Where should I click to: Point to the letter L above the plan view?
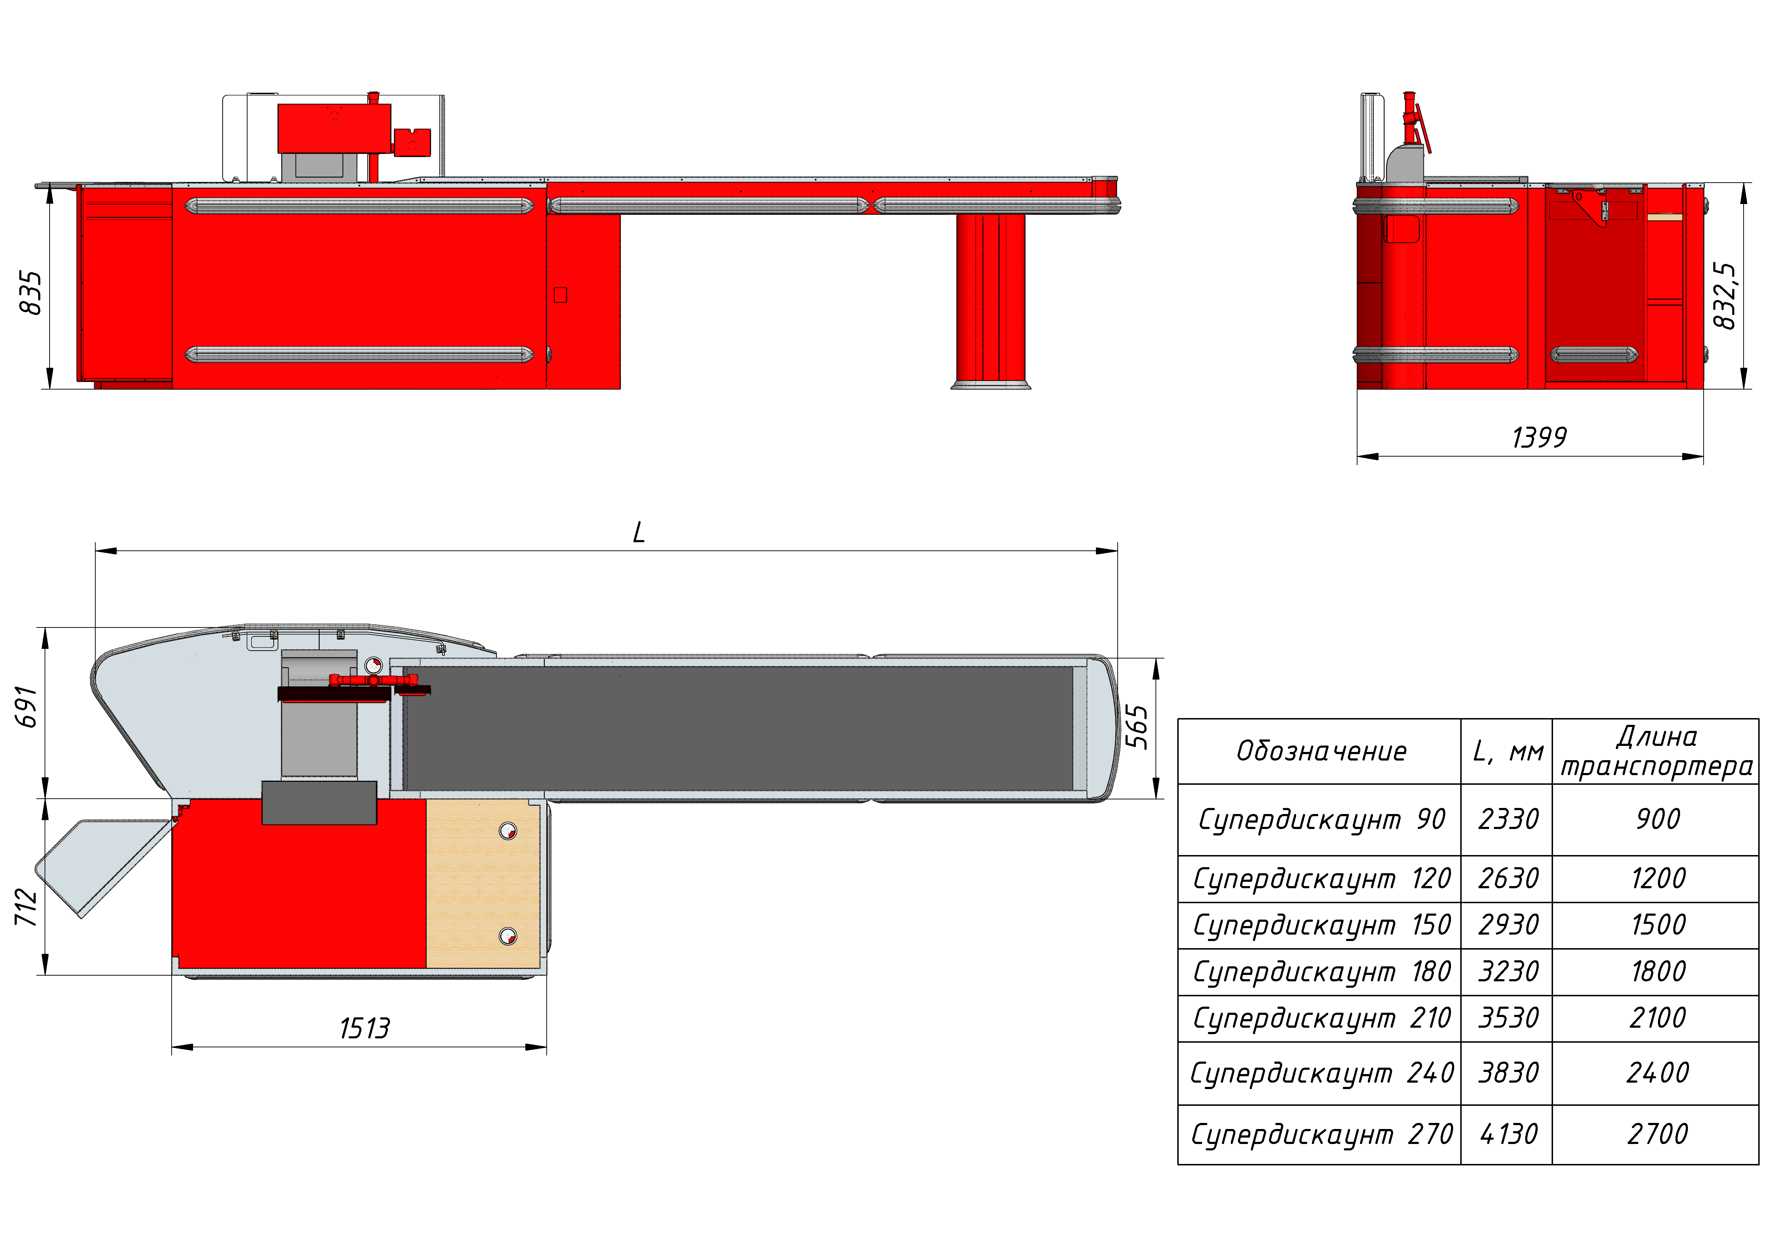point(638,532)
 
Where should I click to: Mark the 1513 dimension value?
point(365,1028)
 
